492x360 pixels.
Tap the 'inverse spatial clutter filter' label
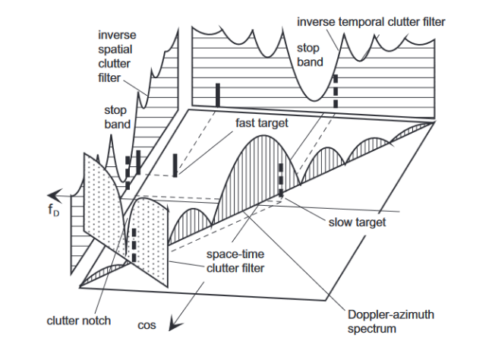(117, 58)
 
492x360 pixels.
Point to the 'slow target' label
(356, 223)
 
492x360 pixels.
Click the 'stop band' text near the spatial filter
(116, 117)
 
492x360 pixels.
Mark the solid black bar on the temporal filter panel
(217, 96)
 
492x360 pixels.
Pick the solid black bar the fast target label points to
(175, 165)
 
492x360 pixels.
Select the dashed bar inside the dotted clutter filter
(134, 242)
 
